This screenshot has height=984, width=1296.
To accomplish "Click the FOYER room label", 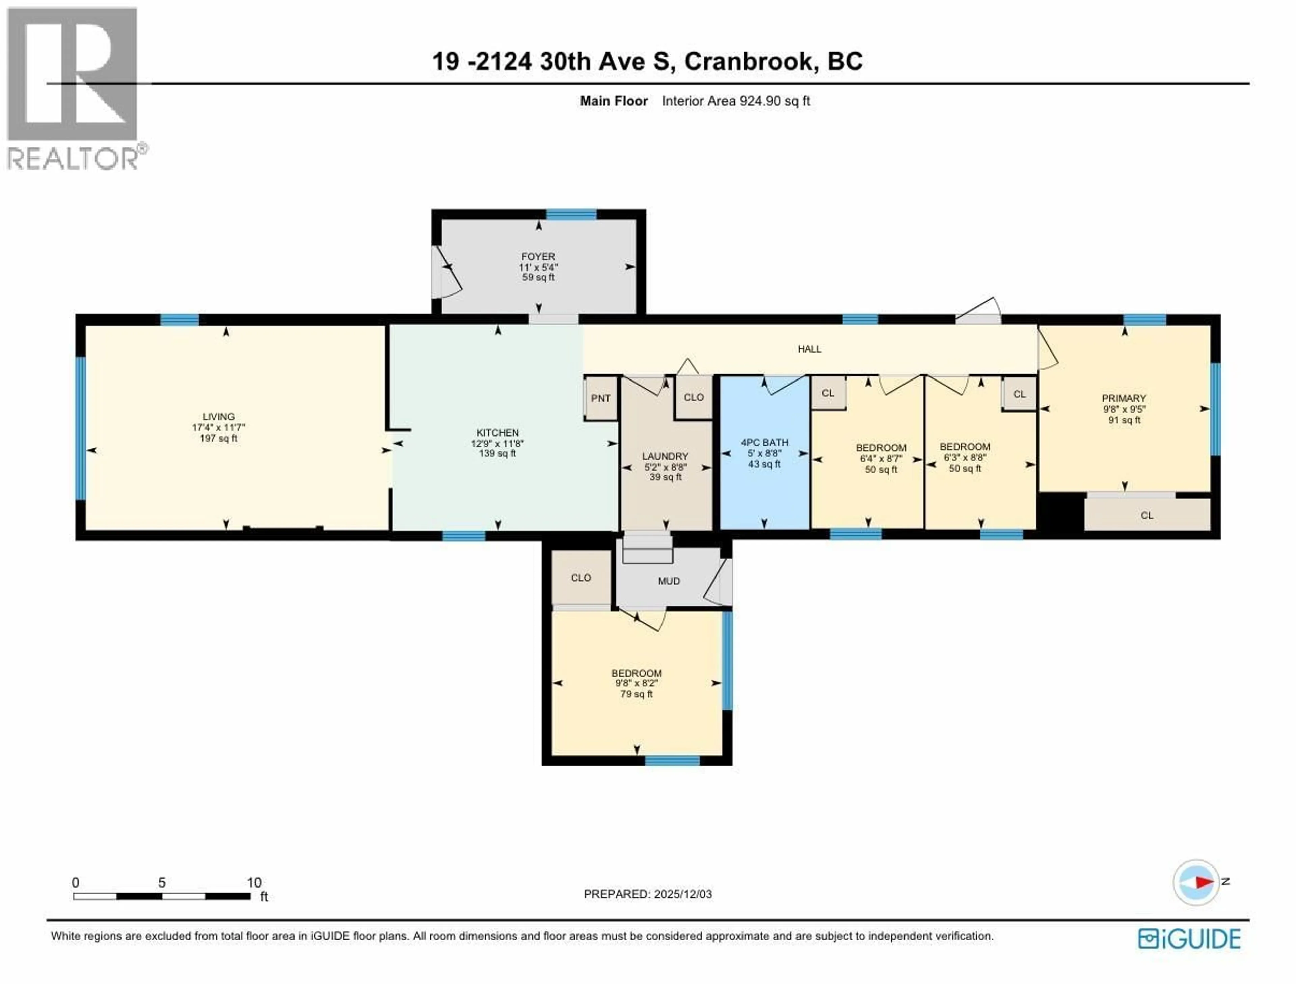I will click(x=538, y=257).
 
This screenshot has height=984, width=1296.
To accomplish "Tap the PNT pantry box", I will click(x=600, y=398).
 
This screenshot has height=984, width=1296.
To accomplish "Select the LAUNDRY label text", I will click(x=665, y=456).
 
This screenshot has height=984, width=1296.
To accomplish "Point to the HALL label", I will click(x=809, y=349).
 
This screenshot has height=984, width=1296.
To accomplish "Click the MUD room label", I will click(x=669, y=581).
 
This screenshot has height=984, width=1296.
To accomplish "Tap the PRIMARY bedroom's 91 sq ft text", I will click(x=1124, y=420).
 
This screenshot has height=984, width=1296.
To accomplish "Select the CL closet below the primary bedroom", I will click(x=1146, y=515).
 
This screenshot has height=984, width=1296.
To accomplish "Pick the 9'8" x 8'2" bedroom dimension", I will click(x=636, y=683).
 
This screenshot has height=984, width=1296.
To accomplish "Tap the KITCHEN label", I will click(x=497, y=433).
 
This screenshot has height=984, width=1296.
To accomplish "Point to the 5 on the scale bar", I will click(x=162, y=883).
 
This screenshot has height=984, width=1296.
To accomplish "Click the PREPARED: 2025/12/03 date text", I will click(x=647, y=894).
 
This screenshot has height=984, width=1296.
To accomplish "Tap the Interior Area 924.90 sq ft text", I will click(x=736, y=101).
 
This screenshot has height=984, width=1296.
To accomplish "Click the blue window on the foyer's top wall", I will click(x=571, y=214).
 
